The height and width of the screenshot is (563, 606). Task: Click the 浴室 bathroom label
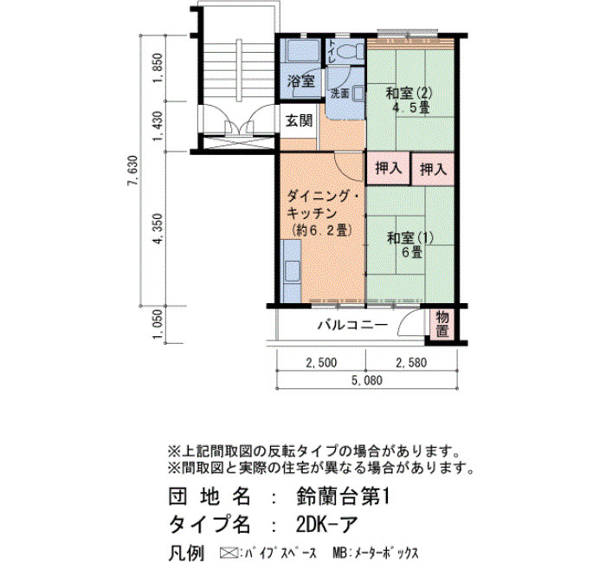click(x=301, y=81)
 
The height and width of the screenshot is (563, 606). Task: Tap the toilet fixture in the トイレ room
click(x=351, y=50)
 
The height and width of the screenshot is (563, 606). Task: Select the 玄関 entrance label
click(x=299, y=121)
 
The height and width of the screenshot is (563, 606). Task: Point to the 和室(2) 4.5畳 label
click(x=409, y=100)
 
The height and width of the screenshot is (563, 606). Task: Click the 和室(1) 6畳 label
click(x=410, y=245)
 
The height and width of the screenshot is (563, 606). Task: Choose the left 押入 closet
click(x=388, y=169)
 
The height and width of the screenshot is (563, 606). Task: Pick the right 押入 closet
click(x=433, y=169)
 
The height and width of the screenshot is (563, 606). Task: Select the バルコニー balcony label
click(x=352, y=325)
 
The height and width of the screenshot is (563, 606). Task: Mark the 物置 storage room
click(x=442, y=324)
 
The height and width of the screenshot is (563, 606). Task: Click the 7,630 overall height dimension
click(x=132, y=170)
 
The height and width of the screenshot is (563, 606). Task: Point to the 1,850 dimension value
click(x=158, y=68)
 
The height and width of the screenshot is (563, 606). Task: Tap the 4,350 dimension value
click(x=158, y=229)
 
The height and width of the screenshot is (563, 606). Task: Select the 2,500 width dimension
click(x=321, y=363)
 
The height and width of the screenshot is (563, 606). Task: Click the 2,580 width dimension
click(x=411, y=363)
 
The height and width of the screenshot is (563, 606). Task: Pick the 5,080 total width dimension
click(x=367, y=380)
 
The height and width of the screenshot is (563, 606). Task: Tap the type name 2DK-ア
click(x=326, y=524)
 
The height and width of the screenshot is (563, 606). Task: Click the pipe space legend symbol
click(x=228, y=552)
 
